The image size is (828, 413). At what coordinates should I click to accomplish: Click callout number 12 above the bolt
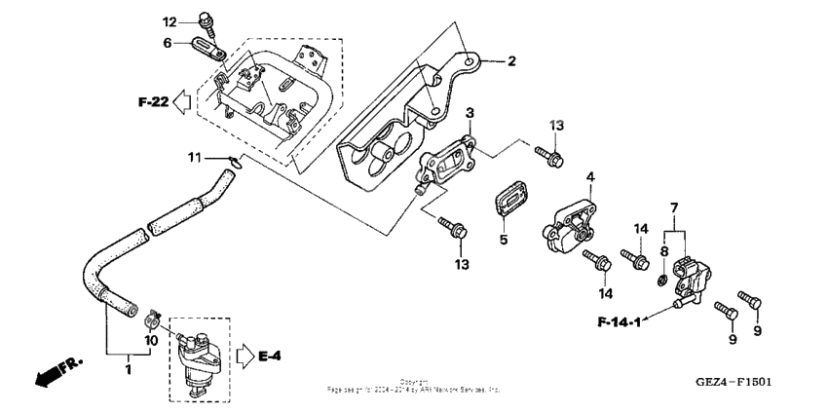[169, 21]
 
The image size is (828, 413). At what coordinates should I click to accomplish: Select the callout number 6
[168, 43]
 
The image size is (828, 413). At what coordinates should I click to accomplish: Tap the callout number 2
[510, 61]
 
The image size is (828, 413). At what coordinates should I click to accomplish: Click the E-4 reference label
[270, 357]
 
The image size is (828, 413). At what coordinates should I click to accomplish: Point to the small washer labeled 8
[663, 282]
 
